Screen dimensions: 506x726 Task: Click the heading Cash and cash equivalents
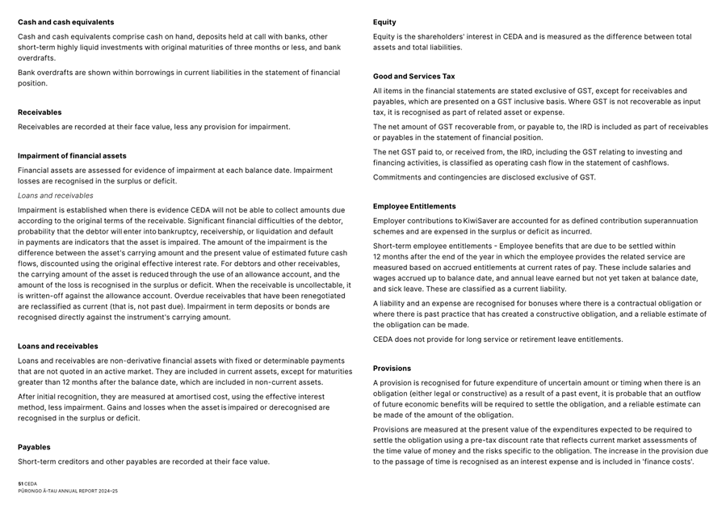[x=66, y=22]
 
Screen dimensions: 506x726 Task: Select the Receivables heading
[x=40, y=112]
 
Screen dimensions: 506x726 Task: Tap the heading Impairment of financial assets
[x=72, y=156]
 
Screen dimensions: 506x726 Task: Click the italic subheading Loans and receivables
[x=56, y=196]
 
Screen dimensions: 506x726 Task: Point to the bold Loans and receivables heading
[x=58, y=346]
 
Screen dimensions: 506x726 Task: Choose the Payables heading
[x=34, y=447]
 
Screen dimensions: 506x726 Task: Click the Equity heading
[x=384, y=22]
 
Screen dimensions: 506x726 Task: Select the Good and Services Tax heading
[x=413, y=77]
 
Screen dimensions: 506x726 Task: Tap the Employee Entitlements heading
[x=414, y=206]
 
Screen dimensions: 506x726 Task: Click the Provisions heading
[x=392, y=369]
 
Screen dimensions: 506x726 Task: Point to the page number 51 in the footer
[x=20, y=483]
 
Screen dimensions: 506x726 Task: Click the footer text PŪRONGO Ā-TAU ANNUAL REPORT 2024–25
[x=68, y=491]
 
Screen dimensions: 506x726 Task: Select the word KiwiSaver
[x=481, y=221]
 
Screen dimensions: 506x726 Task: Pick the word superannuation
[x=670, y=221]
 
